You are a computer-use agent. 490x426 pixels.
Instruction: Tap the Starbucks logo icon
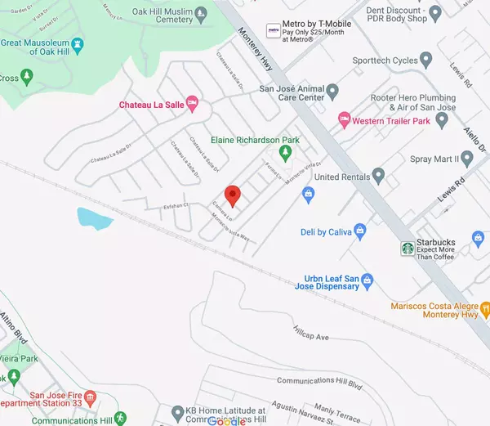pos(408,248)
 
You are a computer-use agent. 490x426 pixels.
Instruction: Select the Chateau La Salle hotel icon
pos(193,103)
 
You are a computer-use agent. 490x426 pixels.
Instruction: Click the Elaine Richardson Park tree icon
pos(285,152)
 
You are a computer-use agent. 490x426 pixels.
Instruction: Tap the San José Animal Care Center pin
pos(332,89)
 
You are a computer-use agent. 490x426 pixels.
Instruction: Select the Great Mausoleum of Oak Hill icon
pos(78,43)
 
